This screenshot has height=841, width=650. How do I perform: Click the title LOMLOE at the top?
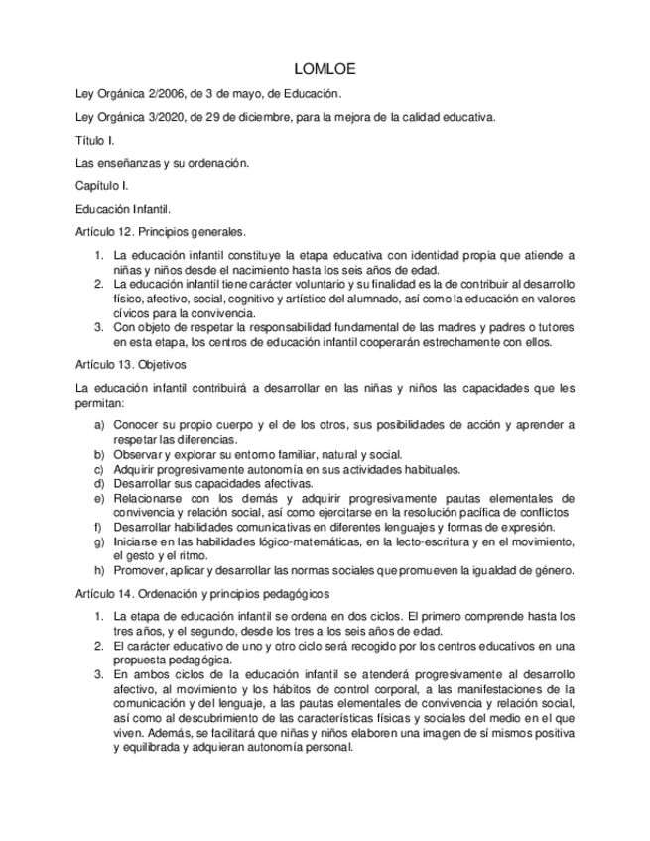pos(325,70)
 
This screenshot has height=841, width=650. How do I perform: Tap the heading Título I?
pos(95,141)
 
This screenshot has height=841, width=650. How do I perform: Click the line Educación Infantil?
pos(123,209)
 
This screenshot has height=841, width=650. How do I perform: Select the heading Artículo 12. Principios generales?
pos(161,232)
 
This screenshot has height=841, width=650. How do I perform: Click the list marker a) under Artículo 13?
pos(99,425)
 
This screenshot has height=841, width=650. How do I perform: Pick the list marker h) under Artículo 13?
pos(99,570)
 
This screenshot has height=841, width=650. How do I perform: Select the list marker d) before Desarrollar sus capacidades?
pos(99,483)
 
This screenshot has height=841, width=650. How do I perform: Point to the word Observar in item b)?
pos(138,454)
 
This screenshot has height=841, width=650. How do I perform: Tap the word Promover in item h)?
pos(140,570)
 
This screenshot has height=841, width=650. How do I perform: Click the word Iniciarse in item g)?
pos(138,541)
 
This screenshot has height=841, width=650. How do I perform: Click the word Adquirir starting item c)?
pos(136,469)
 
